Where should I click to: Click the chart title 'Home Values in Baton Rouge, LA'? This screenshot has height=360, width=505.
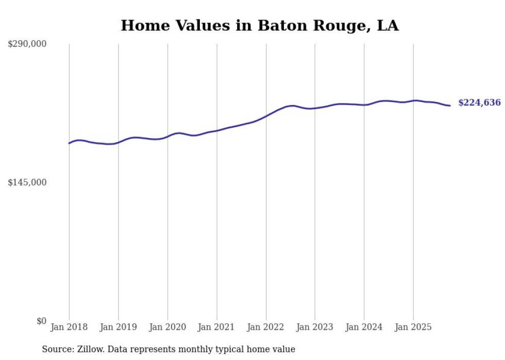pos(259,25)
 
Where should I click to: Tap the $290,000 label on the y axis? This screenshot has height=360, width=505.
pos(27,44)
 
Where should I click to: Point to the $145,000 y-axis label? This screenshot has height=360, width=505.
pos(27,182)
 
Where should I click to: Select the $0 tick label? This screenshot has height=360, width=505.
pos(41,321)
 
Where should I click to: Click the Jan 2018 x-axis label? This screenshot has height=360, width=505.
pos(69,327)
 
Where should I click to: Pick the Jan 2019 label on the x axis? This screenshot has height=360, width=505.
pos(118,327)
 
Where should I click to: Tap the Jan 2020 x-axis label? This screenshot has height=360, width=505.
pos(167,327)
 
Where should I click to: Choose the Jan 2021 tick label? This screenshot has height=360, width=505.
pos(216,327)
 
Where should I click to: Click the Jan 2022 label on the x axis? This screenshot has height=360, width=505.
pos(266,327)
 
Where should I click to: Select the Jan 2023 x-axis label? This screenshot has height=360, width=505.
pos(315,327)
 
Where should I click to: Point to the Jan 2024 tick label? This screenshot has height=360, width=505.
pos(364,327)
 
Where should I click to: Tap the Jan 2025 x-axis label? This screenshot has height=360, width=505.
pos(413,327)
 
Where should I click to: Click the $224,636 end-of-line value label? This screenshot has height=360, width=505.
pos(479,103)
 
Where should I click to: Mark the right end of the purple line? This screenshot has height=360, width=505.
pos(450,106)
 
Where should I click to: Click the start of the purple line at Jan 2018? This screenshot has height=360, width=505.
pos(69,143)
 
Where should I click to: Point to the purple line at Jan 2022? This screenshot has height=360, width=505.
pos(266,116)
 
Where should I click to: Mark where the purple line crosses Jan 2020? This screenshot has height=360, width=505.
pos(167,136)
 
